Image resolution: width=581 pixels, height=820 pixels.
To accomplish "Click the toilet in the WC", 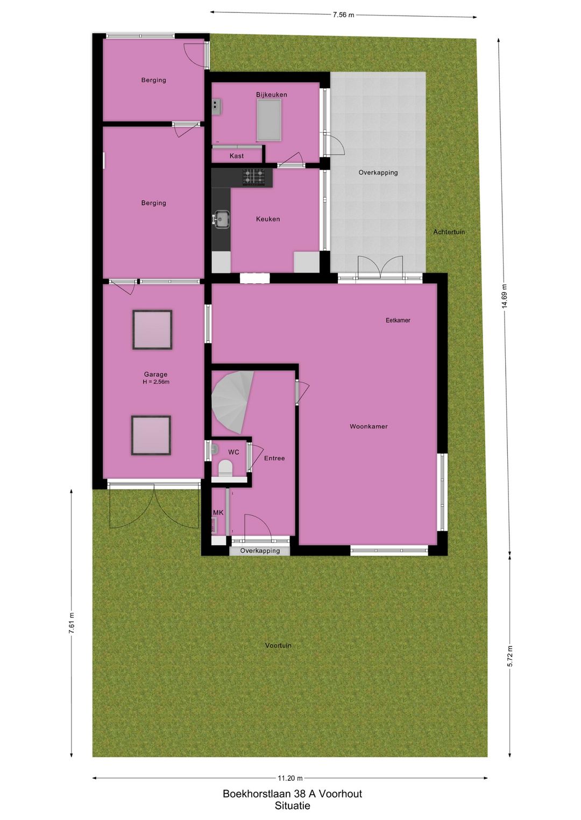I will [225, 468].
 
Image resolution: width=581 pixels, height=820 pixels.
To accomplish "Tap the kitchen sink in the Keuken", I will [222, 219].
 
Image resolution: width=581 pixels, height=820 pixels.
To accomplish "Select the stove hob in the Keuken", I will [253, 177].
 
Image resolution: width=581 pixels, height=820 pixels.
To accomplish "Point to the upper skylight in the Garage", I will [152, 329].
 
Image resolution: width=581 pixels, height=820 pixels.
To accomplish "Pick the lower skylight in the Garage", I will [151, 435].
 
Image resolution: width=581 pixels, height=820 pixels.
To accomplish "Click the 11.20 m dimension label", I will [290, 778].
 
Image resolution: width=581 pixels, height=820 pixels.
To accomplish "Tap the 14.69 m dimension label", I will [504, 296].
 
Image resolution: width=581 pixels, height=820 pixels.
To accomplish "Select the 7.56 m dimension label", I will [343, 15].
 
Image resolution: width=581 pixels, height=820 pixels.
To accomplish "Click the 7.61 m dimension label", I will [72, 623].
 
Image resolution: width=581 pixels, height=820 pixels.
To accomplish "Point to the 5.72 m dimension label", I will [509, 656].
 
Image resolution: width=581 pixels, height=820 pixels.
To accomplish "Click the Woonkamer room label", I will [369, 426].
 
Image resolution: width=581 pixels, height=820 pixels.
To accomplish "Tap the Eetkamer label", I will [398, 320].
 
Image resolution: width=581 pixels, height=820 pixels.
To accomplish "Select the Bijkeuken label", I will [271, 95].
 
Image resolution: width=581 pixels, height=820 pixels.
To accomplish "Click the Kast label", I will [236, 156].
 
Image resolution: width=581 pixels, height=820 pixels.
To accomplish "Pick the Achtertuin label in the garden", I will [449, 232].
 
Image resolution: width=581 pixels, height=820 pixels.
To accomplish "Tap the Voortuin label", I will [278, 645].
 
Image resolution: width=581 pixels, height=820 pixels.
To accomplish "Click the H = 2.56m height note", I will [156, 382].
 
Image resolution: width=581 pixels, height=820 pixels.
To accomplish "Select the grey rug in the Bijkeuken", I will [269, 120].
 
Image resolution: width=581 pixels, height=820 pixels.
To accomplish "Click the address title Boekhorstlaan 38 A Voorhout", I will [292, 794].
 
